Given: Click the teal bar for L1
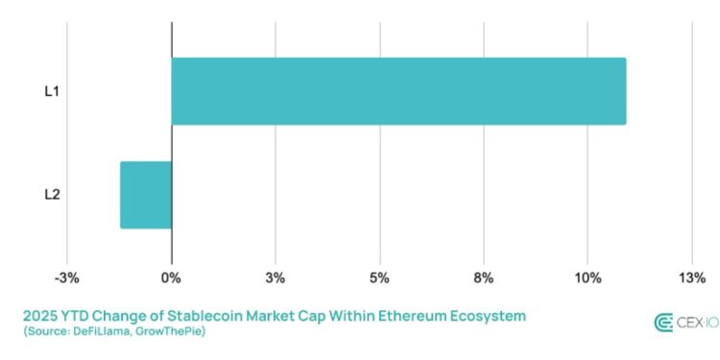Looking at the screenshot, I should tap(398, 91).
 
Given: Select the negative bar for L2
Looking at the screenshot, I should tap(146, 195).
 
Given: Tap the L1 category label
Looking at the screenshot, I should tap(54, 91).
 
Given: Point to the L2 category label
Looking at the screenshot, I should tap(54, 195).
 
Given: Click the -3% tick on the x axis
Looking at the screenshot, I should tap(66, 278).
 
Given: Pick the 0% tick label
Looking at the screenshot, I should tap(171, 278).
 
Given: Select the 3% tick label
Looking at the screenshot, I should tap(276, 278).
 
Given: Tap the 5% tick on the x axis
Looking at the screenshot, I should tap(379, 278).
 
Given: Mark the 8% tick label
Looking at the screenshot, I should tap(483, 278).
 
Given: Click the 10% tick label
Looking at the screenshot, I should tap(587, 278).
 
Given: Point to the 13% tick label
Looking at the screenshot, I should tap(691, 278).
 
